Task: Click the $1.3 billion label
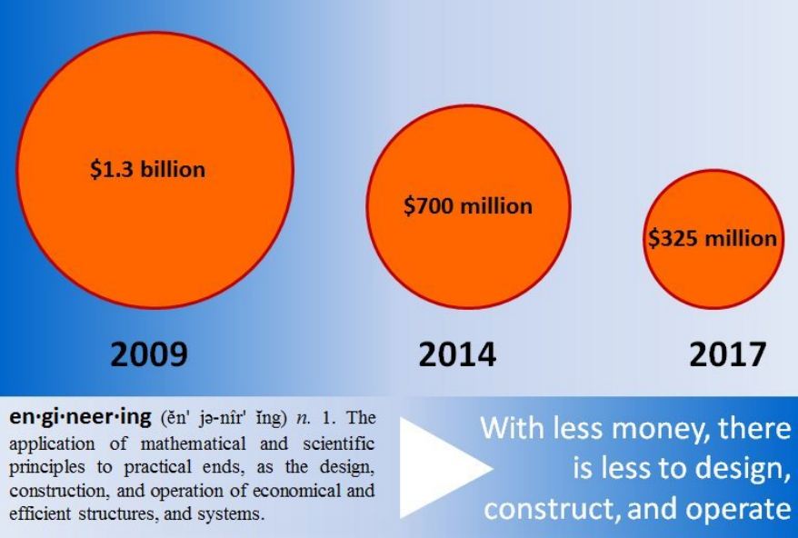147,170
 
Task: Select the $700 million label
468,205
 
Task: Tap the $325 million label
713,239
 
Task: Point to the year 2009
149,354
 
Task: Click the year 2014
457,354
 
